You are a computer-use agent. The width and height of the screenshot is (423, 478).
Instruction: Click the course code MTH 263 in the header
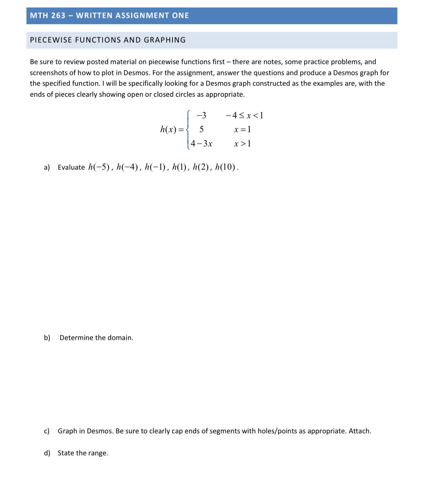click(x=48, y=15)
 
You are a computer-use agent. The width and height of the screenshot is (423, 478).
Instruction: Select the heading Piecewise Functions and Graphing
click(x=108, y=40)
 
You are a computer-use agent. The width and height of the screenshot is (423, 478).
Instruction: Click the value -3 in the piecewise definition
click(x=201, y=115)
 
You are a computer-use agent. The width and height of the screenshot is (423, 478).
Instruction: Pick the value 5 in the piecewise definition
click(x=201, y=130)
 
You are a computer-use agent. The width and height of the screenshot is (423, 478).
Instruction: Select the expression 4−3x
click(x=202, y=143)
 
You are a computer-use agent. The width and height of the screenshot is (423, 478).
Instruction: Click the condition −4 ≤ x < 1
click(x=244, y=115)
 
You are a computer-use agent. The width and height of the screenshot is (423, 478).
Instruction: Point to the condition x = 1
click(x=242, y=130)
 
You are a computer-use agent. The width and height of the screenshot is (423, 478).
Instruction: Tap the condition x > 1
click(x=242, y=143)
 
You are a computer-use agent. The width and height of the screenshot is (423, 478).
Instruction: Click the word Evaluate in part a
click(x=71, y=167)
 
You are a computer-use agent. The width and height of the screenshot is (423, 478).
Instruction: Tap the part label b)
click(x=47, y=338)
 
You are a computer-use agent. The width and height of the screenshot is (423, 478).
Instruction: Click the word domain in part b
click(x=120, y=338)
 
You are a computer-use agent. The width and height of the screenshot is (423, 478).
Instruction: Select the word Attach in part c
click(x=360, y=431)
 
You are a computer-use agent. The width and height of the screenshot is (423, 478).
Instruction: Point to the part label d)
click(x=47, y=453)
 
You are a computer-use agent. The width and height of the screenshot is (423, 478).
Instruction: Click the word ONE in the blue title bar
click(x=181, y=15)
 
